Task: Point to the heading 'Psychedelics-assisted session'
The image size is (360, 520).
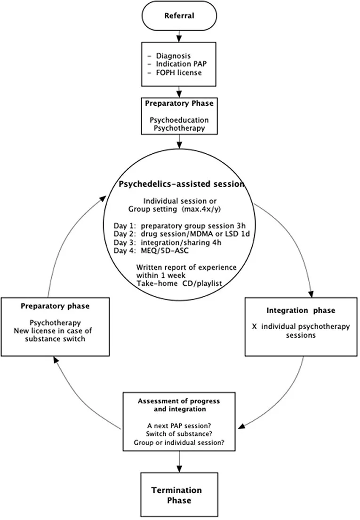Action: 182,184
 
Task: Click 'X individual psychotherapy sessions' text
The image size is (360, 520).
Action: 301,331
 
